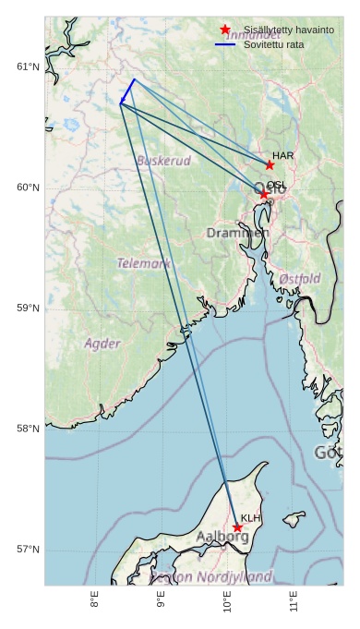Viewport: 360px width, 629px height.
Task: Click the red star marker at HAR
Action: [270, 165]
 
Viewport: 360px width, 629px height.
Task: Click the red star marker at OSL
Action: [263, 194]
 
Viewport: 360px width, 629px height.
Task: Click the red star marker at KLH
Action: [237, 527]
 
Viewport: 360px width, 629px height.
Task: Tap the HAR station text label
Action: [283, 155]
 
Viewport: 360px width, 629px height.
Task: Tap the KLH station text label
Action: [251, 518]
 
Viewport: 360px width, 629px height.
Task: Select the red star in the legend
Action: [225, 30]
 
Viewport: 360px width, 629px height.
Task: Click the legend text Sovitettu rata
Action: [274, 44]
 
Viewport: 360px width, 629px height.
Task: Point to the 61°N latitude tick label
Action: [29, 67]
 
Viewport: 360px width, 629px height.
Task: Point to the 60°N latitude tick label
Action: [29, 187]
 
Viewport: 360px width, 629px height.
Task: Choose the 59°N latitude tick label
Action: [29, 308]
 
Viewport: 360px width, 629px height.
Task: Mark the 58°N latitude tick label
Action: [29, 429]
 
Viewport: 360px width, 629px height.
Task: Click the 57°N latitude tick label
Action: [29, 550]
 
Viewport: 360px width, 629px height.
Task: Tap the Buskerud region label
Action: [163, 161]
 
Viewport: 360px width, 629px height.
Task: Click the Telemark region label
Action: [143, 263]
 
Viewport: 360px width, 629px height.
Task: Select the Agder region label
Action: [102, 344]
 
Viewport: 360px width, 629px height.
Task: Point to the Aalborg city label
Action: [222, 537]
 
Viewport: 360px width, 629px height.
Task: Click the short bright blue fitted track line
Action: [127, 91]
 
